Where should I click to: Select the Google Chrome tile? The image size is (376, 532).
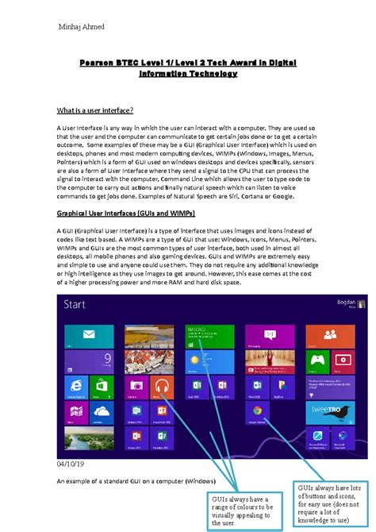point(256,413)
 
